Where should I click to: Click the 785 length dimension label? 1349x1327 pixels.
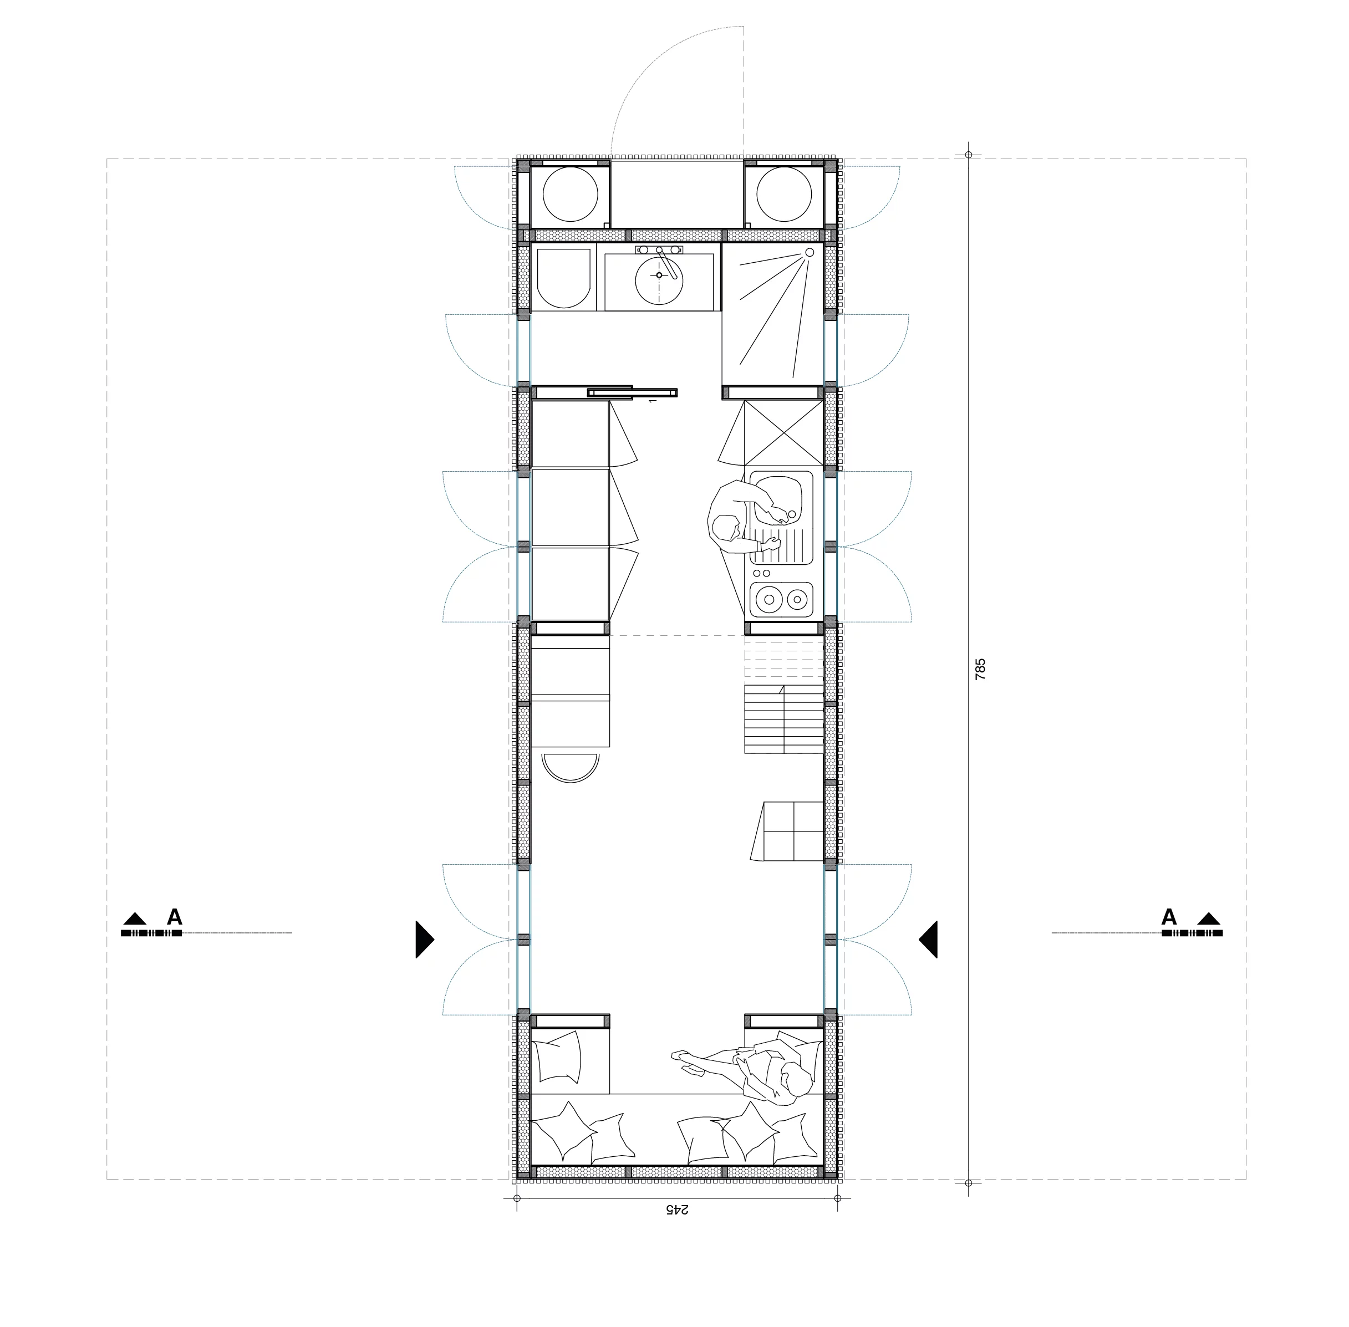pyautogui.click(x=980, y=669)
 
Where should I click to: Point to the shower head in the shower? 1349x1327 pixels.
pyautogui.click(x=810, y=252)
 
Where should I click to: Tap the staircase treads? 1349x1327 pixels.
pyautogui.click(x=783, y=718)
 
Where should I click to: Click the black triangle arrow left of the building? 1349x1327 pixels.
pyautogui.click(x=423, y=939)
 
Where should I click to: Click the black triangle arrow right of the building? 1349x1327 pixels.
pyautogui.click(x=929, y=939)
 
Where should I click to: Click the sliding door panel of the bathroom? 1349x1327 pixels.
pyautogui.click(x=632, y=392)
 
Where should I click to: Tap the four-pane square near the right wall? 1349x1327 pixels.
pyautogui.click(x=794, y=830)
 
